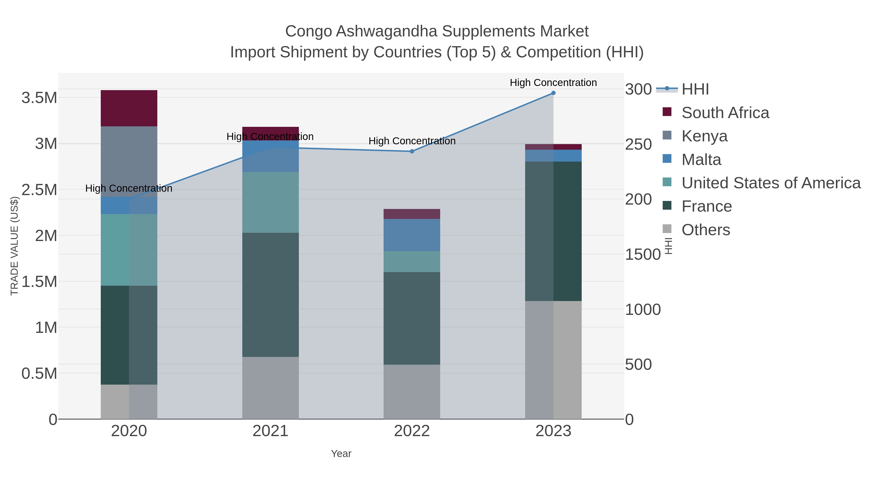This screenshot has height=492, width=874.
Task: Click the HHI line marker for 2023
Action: coord(553,93)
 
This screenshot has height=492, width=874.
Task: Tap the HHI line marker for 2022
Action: coord(412,151)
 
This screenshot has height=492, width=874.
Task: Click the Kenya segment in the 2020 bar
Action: coord(129,161)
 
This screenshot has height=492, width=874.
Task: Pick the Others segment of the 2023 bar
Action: coord(553,360)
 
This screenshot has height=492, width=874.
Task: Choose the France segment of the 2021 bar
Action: coord(270,294)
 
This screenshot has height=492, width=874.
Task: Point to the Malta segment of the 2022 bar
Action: coord(412,235)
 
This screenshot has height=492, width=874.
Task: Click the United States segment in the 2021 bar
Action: coord(270,202)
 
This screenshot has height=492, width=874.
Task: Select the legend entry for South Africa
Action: coord(725,113)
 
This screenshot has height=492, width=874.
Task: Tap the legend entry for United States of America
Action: coord(771,183)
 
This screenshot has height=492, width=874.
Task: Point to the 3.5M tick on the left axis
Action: coord(39,98)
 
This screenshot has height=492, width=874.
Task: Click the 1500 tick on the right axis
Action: coord(643,254)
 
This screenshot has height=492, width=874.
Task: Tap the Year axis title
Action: coord(341,454)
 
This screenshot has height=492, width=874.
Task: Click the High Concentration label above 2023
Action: coord(553,83)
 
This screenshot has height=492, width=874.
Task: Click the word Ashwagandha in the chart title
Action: coord(387,31)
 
